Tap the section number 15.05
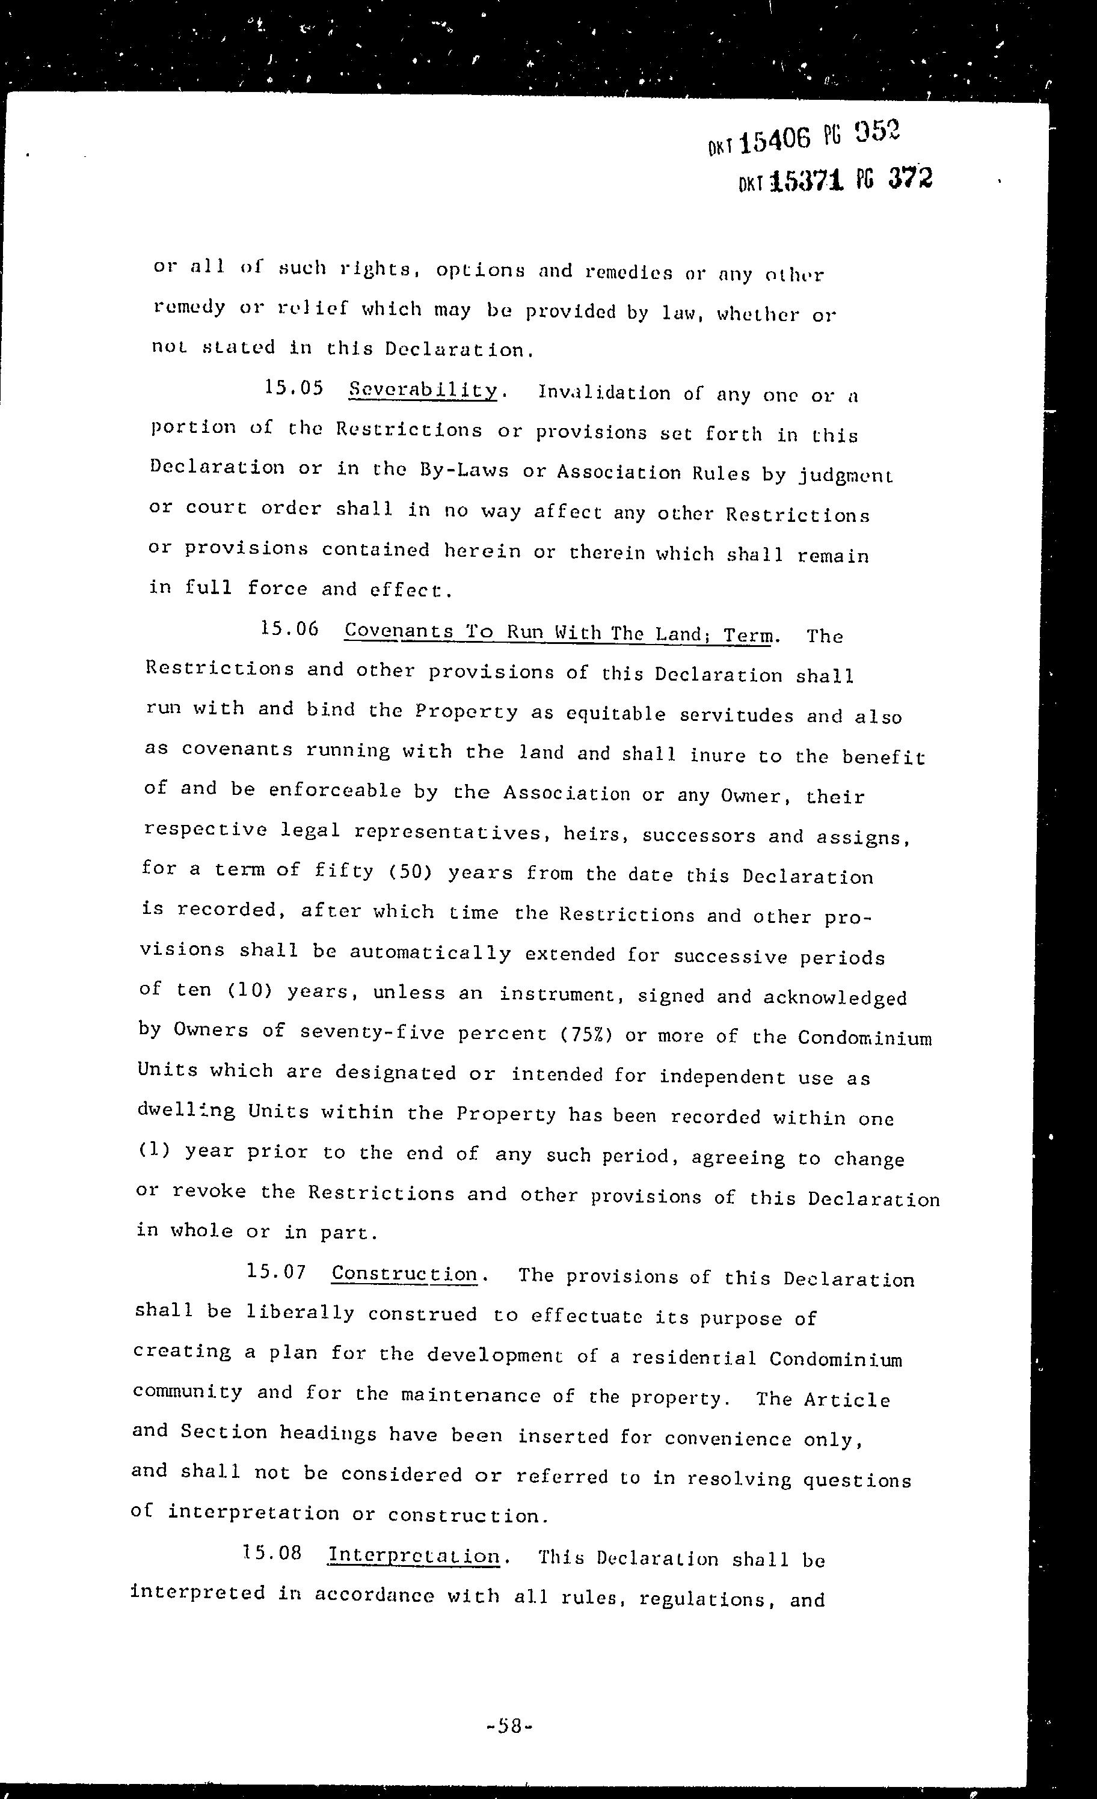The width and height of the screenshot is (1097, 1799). tap(293, 388)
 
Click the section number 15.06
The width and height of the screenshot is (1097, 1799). tap(290, 629)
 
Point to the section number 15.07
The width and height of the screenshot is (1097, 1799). tap(276, 1271)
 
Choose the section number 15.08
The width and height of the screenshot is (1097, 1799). tap(272, 1551)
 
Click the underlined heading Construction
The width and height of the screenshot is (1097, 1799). tap(404, 1273)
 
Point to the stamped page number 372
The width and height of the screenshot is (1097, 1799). tap(910, 177)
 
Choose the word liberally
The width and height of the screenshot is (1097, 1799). tap(300, 1312)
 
